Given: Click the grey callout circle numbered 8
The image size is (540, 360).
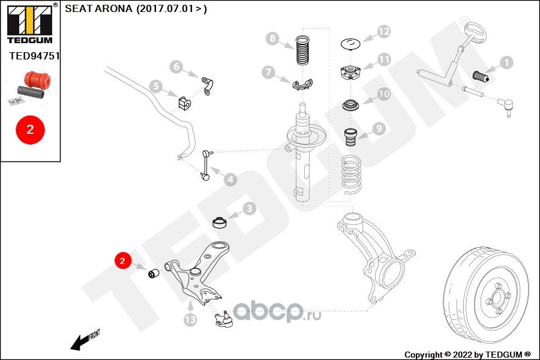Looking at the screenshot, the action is [x=272, y=40].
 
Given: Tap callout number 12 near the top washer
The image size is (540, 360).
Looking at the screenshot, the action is [x=383, y=32].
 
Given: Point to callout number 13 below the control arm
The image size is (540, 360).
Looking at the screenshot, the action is [x=190, y=320].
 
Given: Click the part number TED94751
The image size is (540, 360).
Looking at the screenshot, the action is [x=35, y=56].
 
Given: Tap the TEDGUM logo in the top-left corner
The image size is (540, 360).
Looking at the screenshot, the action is [x=29, y=23].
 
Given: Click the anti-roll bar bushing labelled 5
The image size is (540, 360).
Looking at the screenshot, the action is [x=184, y=103].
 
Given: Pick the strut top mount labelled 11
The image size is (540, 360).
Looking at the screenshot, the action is [x=350, y=73].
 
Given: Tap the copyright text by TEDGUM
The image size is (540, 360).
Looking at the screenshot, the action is [x=467, y=354].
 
